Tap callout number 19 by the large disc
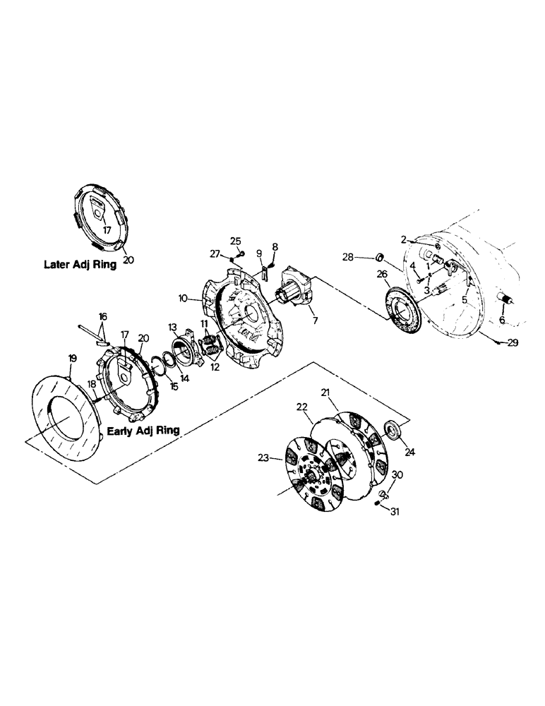tap(71, 359)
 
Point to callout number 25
tap(234, 241)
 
